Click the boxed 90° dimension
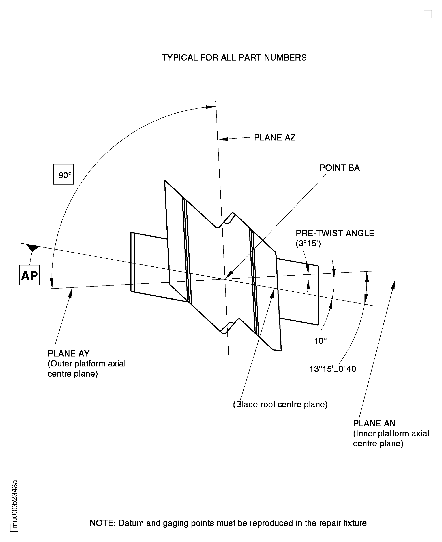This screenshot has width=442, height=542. click(x=63, y=175)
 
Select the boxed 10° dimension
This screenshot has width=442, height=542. click(x=320, y=341)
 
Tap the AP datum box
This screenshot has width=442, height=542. click(x=29, y=275)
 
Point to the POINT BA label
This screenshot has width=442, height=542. click(x=339, y=168)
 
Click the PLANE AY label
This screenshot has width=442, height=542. click(x=69, y=354)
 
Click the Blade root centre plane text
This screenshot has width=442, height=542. click(x=280, y=404)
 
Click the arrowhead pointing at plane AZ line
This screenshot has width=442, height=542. click(x=223, y=139)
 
